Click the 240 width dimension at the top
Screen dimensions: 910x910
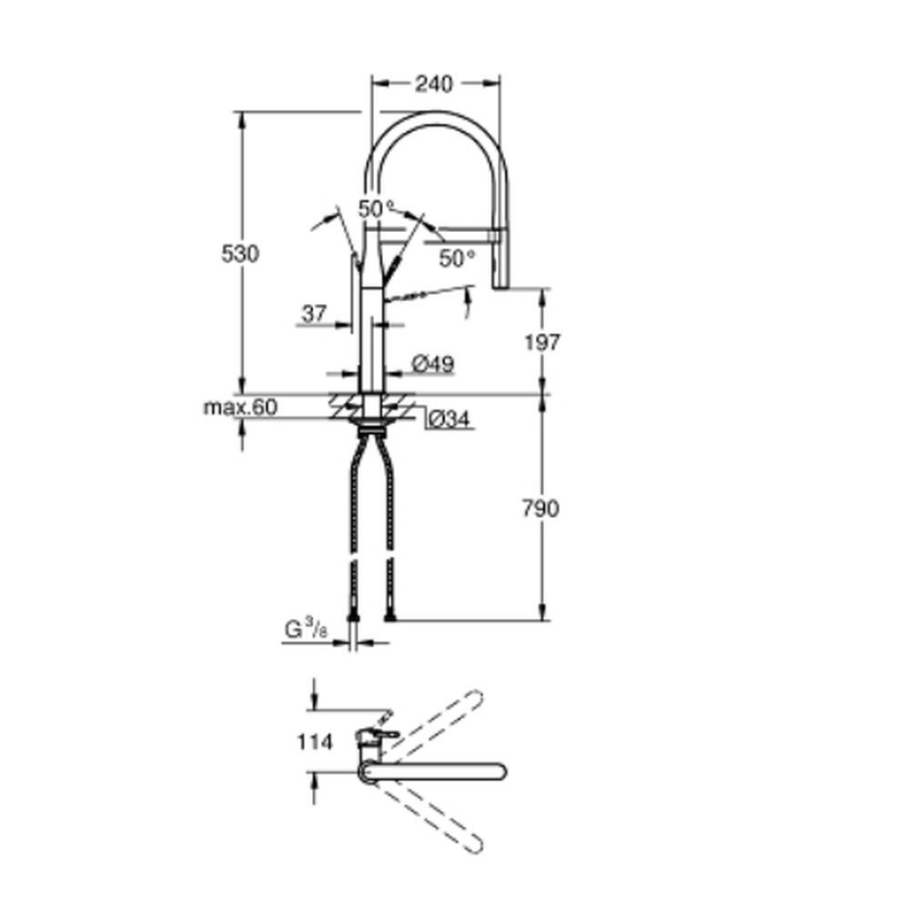[x=433, y=84]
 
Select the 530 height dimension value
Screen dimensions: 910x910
[x=240, y=254]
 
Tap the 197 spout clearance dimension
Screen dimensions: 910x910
[x=542, y=342]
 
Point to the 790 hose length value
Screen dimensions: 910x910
[x=541, y=509]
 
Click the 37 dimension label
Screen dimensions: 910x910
[x=314, y=313]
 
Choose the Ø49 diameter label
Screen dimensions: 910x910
[x=433, y=364]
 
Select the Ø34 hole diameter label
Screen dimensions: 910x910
[x=449, y=419]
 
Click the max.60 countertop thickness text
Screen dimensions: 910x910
[x=240, y=407]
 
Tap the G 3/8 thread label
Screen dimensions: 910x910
[x=306, y=629]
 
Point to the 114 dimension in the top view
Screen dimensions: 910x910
[x=315, y=742]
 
